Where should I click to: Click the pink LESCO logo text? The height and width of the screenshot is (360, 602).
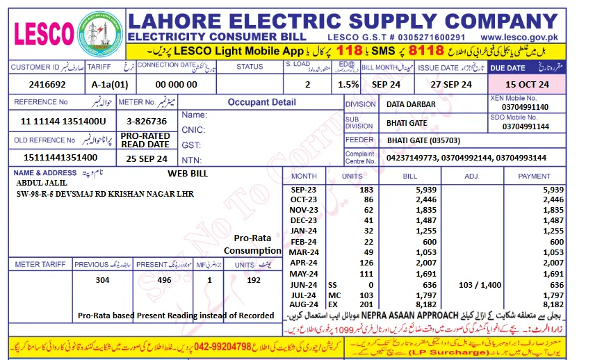click(44, 33)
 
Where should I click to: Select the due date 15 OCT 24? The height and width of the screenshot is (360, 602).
click(527, 84)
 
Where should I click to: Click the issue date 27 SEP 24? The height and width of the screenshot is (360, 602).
click(451, 84)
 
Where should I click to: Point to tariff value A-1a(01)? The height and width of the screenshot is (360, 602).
click(110, 84)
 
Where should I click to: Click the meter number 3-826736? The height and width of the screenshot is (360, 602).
click(146, 121)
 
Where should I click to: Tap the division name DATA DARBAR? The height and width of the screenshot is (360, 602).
click(412, 104)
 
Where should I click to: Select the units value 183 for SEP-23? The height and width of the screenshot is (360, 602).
click(366, 190)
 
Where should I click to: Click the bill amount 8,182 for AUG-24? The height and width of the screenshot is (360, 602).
click(425, 304)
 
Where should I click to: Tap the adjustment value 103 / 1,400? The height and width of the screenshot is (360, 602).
click(480, 285)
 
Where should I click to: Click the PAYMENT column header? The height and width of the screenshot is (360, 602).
click(533, 176)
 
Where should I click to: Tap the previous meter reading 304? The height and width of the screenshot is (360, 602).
click(103, 280)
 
